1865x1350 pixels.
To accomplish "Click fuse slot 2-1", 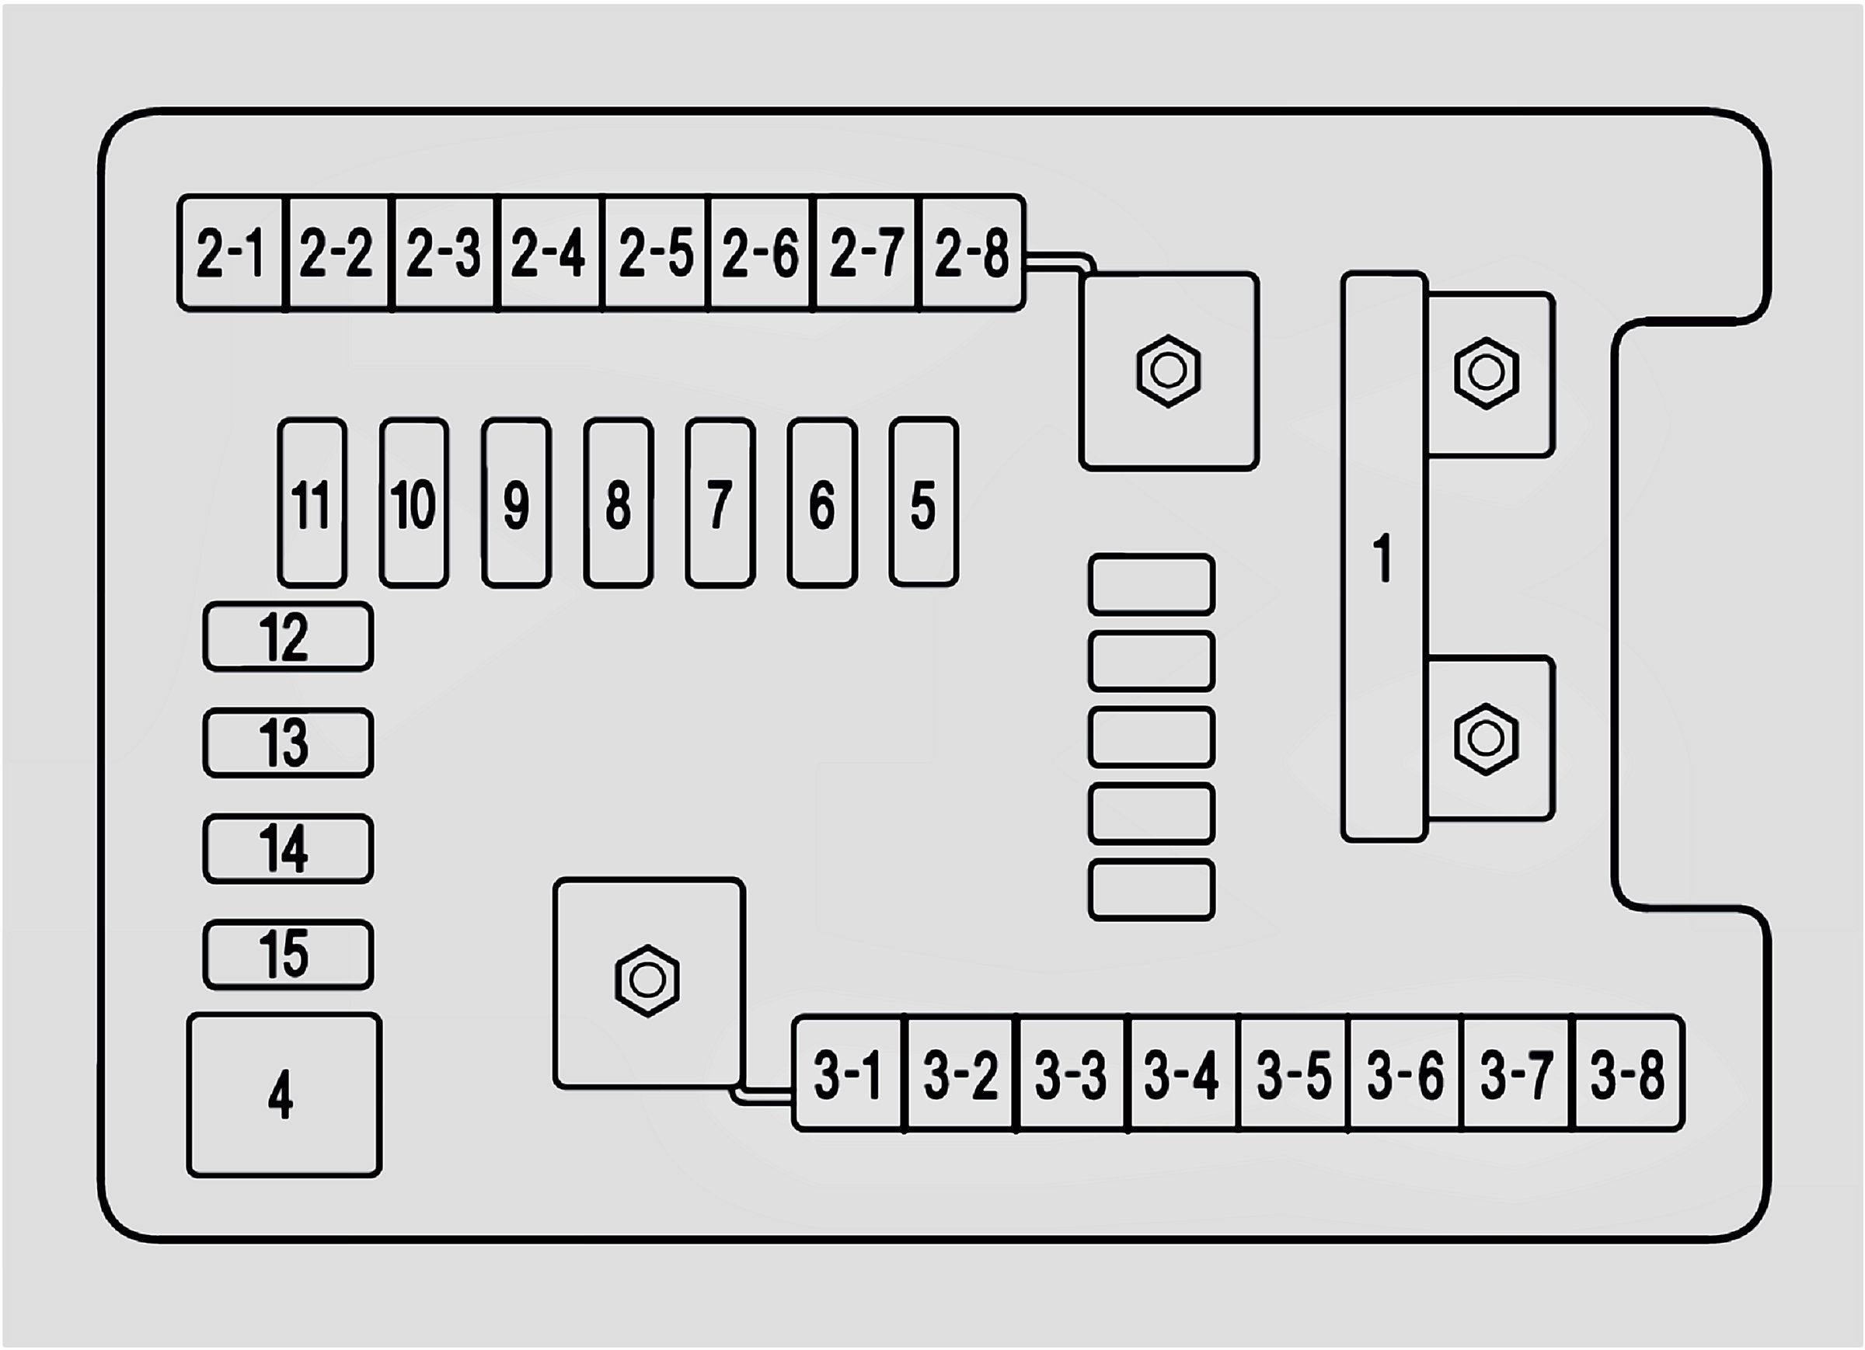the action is [x=230, y=252].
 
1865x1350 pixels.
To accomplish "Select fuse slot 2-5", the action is [x=655, y=252].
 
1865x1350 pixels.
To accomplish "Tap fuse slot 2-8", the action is [x=973, y=252].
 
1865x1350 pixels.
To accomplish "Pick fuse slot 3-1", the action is [x=848, y=1073].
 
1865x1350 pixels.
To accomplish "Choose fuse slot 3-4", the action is [x=1182, y=1073].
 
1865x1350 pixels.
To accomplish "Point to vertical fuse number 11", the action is [x=312, y=503].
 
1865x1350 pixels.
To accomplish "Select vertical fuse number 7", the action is [x=720, y=503].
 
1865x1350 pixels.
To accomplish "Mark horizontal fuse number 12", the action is [x=288, y=636].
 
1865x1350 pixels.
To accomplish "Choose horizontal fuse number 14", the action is [x=288, y=848].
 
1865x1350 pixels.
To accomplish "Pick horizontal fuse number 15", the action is [x=288, y=955].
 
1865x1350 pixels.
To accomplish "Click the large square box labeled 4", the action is [x=284, y=1095].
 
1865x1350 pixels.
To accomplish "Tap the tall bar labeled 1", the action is [x=1384, y=557].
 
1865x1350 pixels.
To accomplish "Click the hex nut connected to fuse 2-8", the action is [x=1168, y=371].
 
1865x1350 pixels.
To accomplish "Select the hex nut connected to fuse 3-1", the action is [x=647, y=980].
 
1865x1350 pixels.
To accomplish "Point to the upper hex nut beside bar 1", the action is [x=1486, y=374].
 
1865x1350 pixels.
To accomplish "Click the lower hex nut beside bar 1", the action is [x=1486, y=739].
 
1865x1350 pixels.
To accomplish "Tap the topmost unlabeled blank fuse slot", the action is [x=1151, y=584].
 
